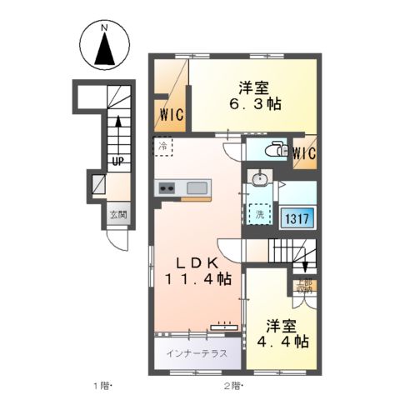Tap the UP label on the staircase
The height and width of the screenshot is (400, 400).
coord(117,162)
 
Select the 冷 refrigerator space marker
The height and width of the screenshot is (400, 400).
coord(162,147)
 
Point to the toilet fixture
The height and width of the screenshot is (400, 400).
coord(272,150)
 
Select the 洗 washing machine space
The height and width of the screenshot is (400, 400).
coord(262,213)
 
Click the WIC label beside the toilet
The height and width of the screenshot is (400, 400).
coord(304,152)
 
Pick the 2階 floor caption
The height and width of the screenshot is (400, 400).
coord(231,385)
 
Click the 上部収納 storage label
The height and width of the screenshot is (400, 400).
coord(304,284)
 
